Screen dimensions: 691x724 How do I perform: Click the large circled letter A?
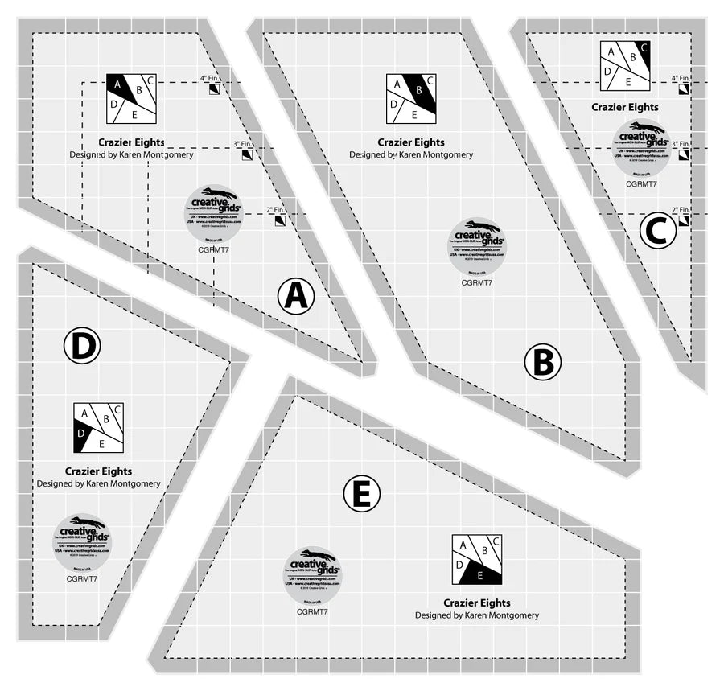(x=295, y=297)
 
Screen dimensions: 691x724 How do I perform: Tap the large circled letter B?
(x=542, y=362)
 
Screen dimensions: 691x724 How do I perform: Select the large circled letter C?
(x=657, y=232)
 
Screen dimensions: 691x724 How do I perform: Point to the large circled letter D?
(x=81, y=347)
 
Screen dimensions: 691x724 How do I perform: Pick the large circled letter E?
(x=361, y=494)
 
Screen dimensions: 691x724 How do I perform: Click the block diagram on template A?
(x=131, y=98)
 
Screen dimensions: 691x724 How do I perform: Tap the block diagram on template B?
(x=411, y=98)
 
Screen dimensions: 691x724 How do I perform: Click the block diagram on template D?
(x=98, y=427)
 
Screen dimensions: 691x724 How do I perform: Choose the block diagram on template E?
(x=477, y=559)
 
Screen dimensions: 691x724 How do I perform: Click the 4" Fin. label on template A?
(x=211, y=79)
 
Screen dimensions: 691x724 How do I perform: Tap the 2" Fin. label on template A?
(x=276, y=211)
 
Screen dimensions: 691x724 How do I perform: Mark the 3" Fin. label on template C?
(x=681, y=143)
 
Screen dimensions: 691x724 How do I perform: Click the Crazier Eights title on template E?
(x=477, y=603)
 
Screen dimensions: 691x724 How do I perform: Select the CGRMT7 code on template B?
(x=477, y=282)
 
